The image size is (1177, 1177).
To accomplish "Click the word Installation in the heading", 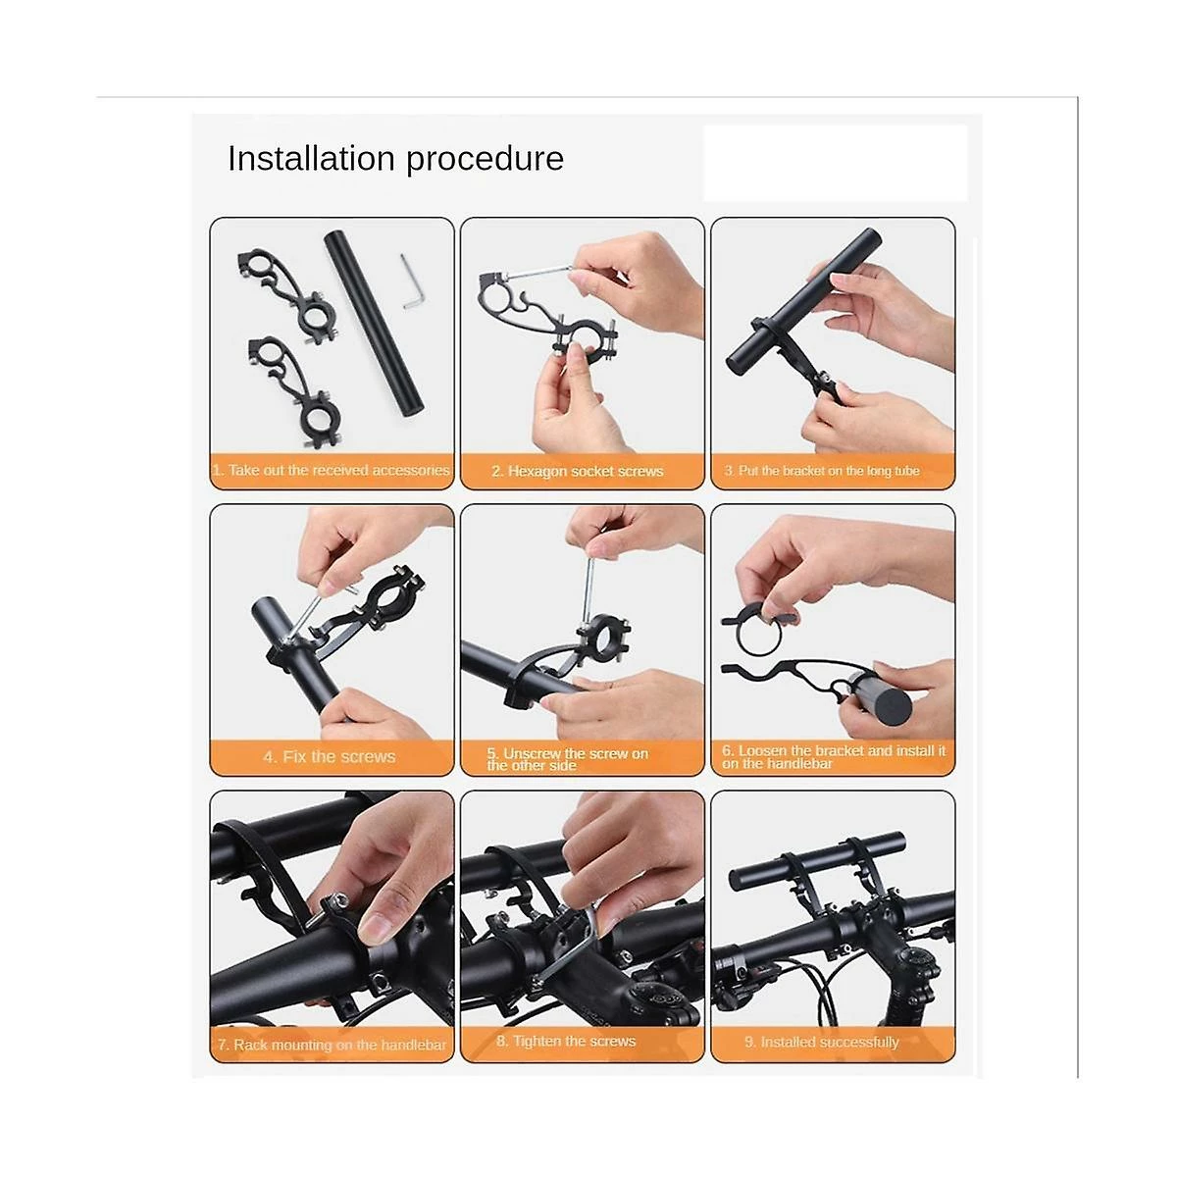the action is [x=311, y=158].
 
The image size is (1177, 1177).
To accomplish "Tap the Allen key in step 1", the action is [x=413, y=281].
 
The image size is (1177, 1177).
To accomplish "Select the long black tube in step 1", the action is [x=374, y=323].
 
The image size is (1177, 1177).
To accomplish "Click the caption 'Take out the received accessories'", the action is [x=332, y=471].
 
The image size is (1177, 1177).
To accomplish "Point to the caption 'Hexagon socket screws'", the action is [x=577, y=471].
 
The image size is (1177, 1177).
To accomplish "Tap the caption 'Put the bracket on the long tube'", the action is [x=822, y=471].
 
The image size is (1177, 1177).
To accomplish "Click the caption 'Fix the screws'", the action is [x=330, y=757].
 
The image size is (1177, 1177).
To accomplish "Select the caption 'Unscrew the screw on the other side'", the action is [x=567, y=759].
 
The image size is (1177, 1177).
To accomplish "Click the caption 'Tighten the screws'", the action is [x=566, y=1041].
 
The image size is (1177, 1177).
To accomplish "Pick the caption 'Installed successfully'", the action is [x=822, y=1042].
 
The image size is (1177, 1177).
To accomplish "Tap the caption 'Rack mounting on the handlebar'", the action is [x=332, y=1045].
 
